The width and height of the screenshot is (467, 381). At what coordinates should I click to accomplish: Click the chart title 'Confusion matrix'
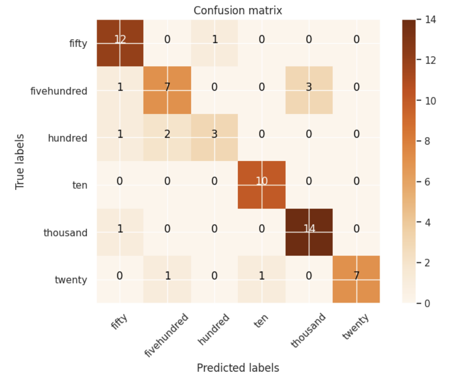click(x=238, y=11)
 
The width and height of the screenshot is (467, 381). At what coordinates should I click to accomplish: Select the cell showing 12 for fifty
click(x=120, y=43)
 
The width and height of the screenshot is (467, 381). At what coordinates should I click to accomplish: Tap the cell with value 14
click(x=309, y=232)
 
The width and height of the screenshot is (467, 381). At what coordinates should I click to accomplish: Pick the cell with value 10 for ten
click(x=261, y=185)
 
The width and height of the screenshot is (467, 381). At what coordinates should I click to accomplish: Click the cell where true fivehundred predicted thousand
click(x=309, y=90)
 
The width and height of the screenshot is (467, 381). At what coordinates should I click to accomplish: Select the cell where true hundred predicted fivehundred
click(x=167, y=137)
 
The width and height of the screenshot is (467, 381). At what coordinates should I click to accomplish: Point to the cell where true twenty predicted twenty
click(x=356, y=279)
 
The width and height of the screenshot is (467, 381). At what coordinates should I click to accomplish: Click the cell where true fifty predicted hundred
click(x=214, y=43)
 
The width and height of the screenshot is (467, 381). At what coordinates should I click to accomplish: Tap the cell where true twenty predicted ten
click(x=261, y=279)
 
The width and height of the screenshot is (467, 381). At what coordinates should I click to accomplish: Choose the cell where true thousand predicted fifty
click(x=120, y=232)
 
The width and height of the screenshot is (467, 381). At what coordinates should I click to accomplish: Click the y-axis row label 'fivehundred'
click(x=59, y=91)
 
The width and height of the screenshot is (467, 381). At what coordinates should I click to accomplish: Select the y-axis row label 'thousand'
click(x=65, y=233)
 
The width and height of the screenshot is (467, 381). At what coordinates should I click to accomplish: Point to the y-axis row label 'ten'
click(x=79, y=185)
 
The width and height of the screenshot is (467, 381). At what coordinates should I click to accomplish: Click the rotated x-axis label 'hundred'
click(x=214, y=329)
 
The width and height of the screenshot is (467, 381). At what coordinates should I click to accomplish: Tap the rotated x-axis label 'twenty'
click(x=356, y=327)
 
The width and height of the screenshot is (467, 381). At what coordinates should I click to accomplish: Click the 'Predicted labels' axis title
click(x=238, y=368)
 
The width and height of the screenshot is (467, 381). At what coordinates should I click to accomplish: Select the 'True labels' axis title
click(x=20, y=162)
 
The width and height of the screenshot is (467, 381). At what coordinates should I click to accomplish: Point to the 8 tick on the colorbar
click(x=427, y=141)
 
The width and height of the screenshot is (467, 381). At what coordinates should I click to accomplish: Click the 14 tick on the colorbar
click(x=430, y=20)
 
